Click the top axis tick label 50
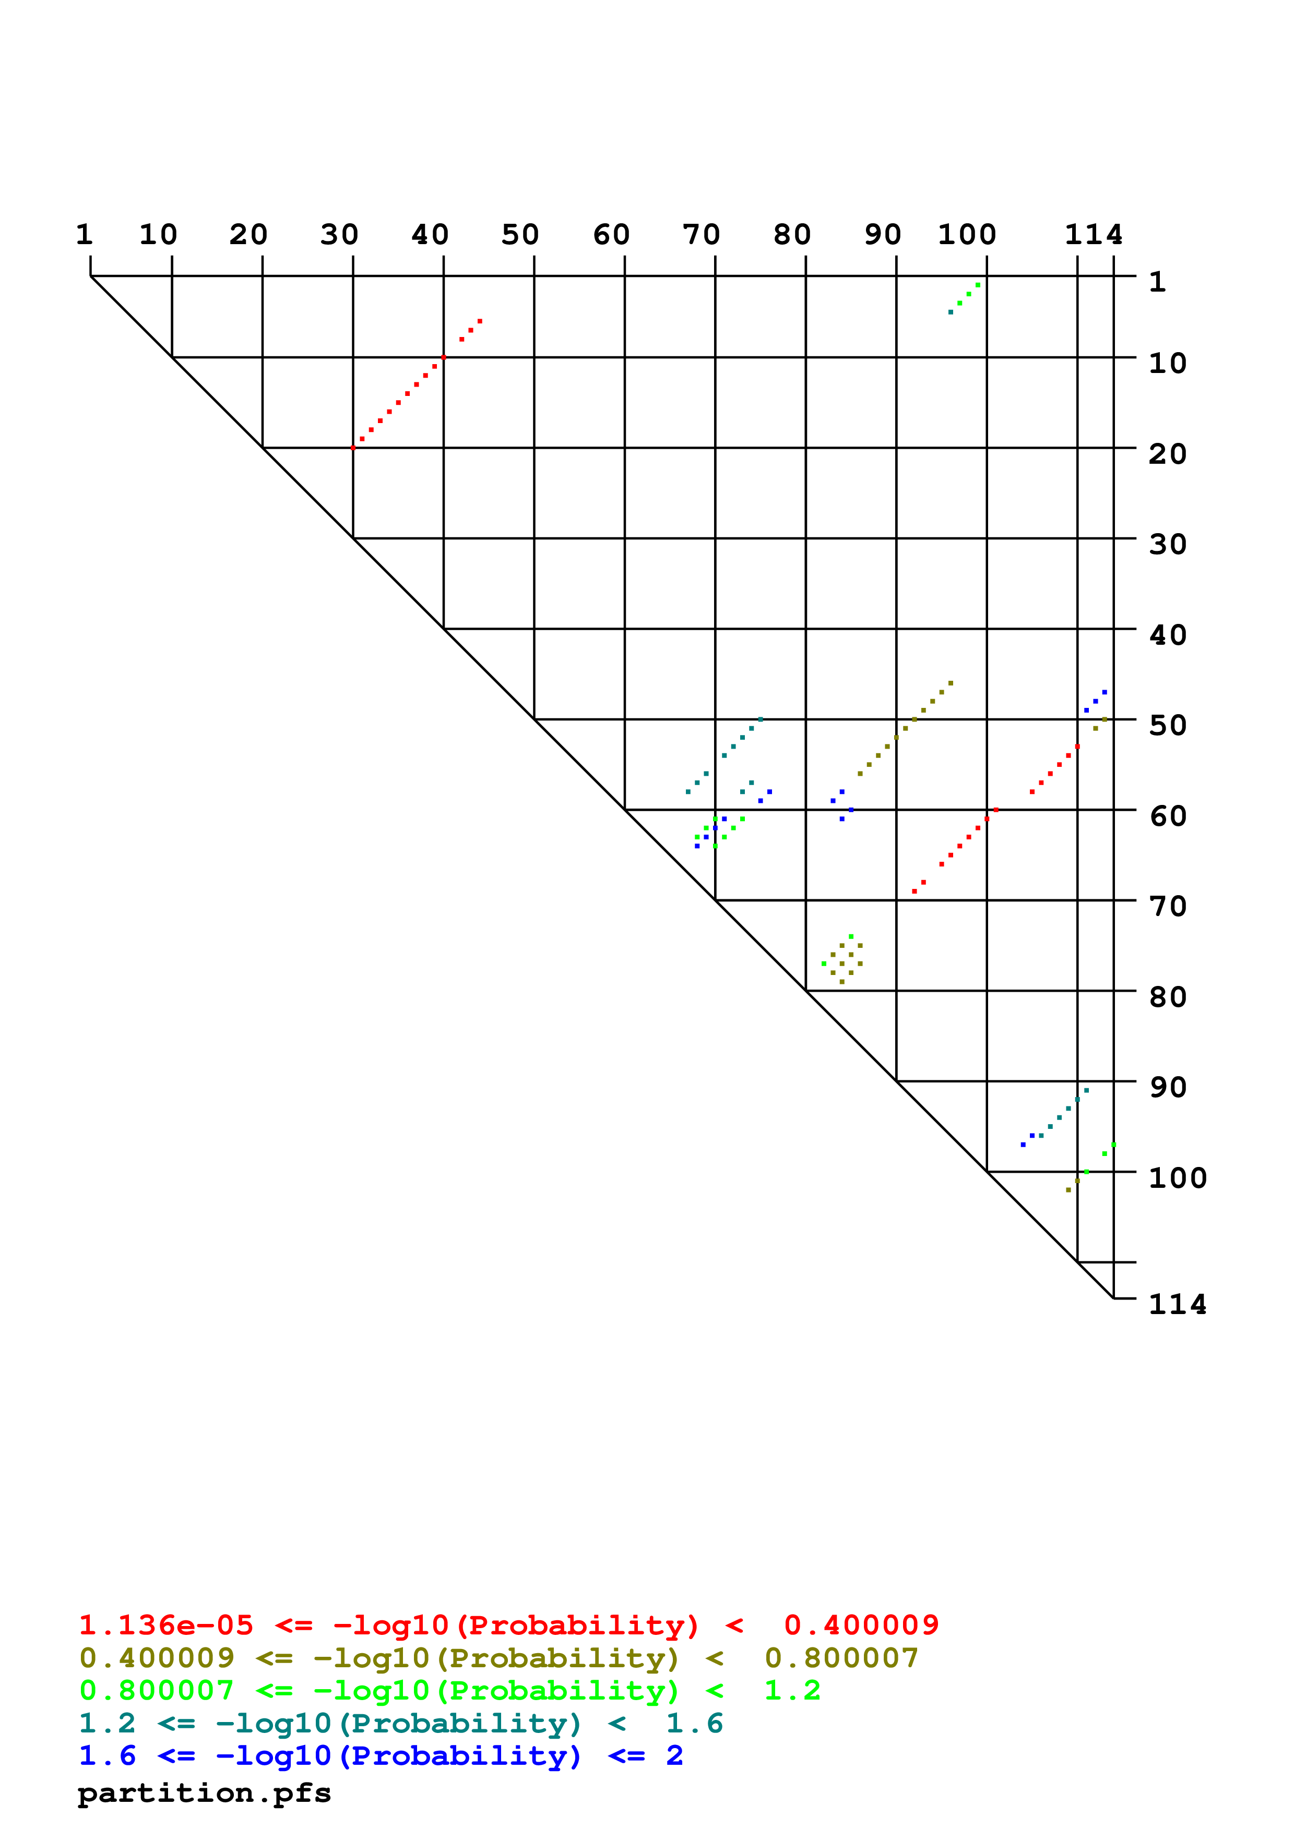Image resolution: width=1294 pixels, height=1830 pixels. (520, 235)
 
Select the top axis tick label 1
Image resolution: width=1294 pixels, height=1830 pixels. (85, 235)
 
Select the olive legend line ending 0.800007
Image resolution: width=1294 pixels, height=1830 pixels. (498, 1659)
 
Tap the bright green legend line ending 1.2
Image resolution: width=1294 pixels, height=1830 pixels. (449, 1691)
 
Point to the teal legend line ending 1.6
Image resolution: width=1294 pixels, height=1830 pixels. (400, 1724)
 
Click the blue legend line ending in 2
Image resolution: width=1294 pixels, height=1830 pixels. (381, 1756)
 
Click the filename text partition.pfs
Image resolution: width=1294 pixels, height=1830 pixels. (204, 1793)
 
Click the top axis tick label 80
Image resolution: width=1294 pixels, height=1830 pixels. (792, 235)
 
